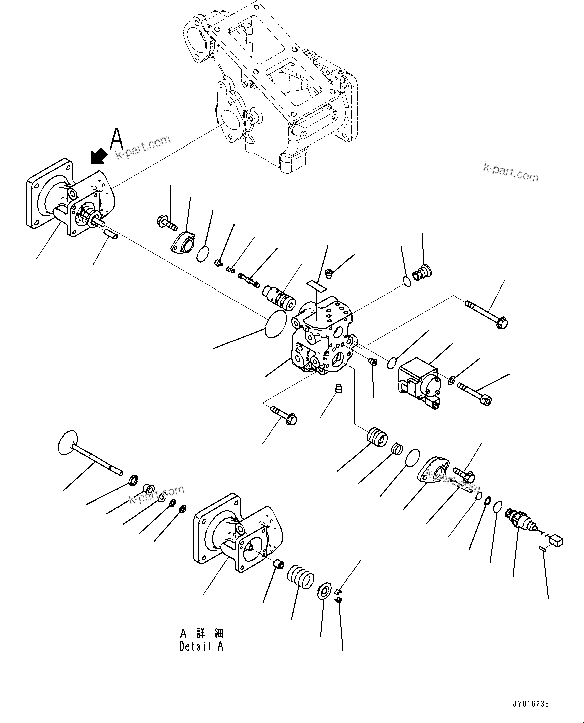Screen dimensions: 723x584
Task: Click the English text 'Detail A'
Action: [201, 646]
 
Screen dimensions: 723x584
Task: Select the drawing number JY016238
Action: [531, 704]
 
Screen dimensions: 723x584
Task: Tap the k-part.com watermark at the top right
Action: [510, 171]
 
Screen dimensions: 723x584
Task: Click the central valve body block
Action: [321, 337]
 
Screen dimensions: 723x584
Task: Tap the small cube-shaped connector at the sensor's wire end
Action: [556, 540]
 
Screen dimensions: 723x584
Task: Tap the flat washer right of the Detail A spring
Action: [325, 590]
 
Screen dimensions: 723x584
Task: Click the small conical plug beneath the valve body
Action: [339, 388]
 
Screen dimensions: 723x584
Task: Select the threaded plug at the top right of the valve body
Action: [420, 272]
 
